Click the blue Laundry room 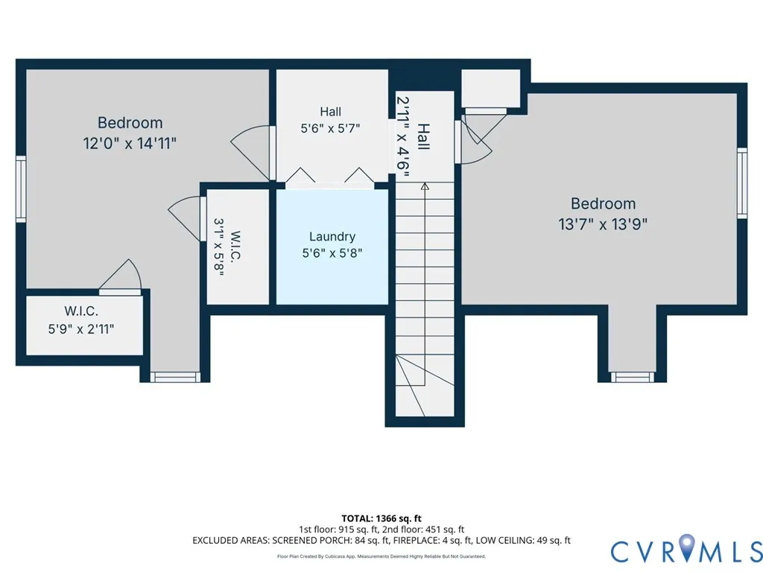click(x=332, y=247)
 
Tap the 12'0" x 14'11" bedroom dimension click(x=130, y=144)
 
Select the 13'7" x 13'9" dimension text click(x=603, y=224)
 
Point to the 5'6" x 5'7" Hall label click(x=330, y=128)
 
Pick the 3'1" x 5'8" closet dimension click(x=219, y=247)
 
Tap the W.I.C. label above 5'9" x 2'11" click(x=81, y=311)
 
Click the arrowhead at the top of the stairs click(x=425, y=185)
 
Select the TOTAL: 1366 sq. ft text click(x=381, y=518)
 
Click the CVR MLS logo click(x=686, y=551)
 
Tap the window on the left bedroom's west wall click(x=20, y=189)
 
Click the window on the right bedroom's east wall click(x=742, y=183)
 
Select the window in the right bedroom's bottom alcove click(x=633, y=377)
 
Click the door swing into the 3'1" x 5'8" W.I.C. click(x=185, y=218)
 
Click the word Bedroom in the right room click(x=603, y=203)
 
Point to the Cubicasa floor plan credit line click(x=381, y=556)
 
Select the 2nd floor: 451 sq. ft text click(x=423, y=530)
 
